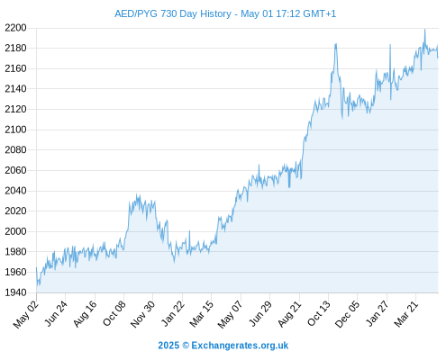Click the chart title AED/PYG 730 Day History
click(173, 13)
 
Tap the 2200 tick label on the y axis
click(15, 28)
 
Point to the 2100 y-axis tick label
click(15, 130)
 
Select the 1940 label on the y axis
click(15, 292)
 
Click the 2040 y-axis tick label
click(15, 191)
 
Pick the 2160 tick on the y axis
click(15, 68)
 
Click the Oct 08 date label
click(114, 313)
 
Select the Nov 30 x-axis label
click(142, 314)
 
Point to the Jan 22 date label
click(173, 313)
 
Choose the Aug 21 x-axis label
click(289, 314)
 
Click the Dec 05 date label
click(347, 314)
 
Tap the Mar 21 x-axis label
click(406, 314)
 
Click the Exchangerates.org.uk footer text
click(240, 346)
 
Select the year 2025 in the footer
click(168, 346)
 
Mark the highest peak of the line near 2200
click(424, 30)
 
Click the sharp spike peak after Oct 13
click(336, 44)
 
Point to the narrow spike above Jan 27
click(390, 45)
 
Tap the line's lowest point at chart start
click(37, 285)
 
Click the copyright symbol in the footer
click(186, 346)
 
